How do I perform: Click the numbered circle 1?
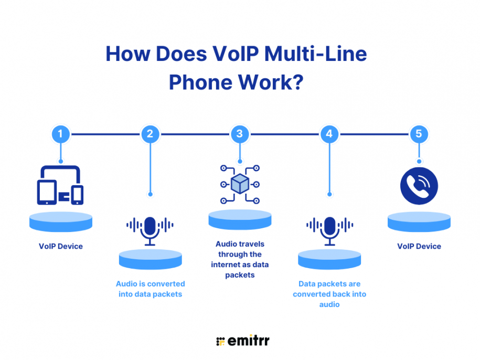(60, 134)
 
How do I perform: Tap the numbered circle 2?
(150, 134)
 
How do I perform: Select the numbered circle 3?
(240, 134)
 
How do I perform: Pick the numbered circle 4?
(329, 134)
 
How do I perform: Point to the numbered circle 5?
(419, 134)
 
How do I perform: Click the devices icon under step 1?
(60, 185)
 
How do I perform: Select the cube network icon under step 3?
(240, 184)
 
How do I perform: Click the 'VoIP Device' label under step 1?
(60, 246)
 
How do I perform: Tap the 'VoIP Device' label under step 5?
(419, 246)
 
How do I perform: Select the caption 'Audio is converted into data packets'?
(150, 289)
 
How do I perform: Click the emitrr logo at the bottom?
(242, 341)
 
